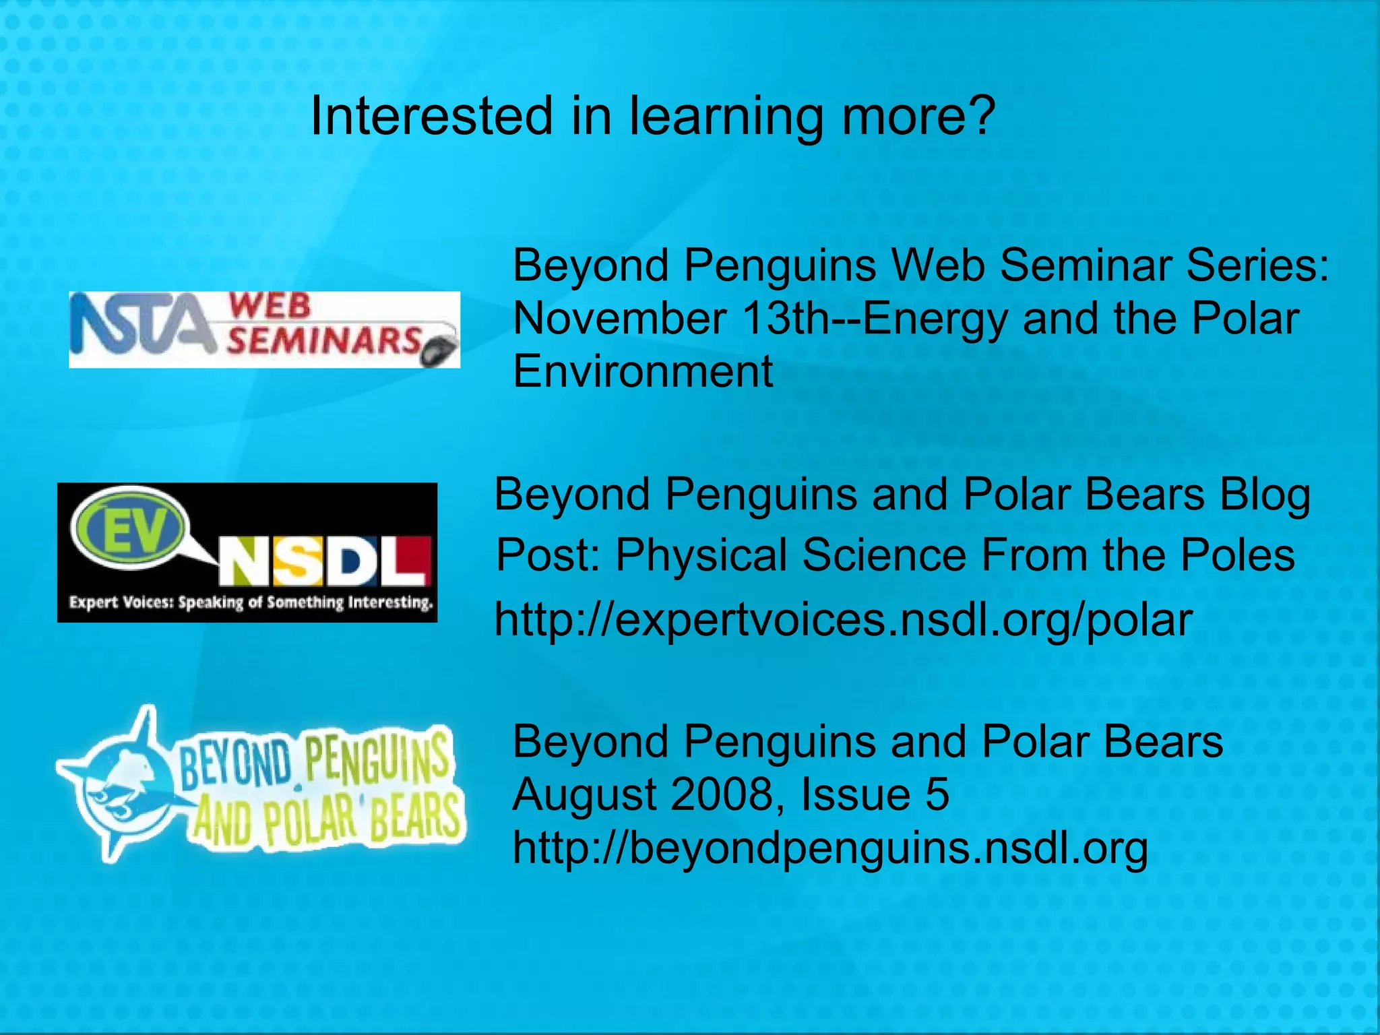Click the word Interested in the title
[432, 116]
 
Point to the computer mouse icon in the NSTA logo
[439, 351]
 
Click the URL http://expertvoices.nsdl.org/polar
[843, 620]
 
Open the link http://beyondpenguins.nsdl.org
[829, 848]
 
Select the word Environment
[643, 371]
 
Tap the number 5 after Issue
[937, 794]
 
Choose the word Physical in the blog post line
[701, 556]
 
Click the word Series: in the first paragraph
[1257, 265]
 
